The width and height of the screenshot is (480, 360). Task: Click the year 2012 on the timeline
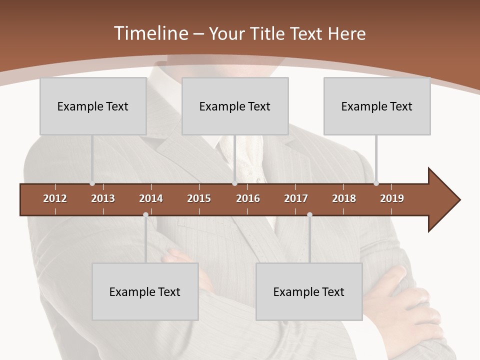(55, 198)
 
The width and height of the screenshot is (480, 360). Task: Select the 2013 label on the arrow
(103, 198)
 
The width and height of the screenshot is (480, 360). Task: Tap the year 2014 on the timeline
(151, 198)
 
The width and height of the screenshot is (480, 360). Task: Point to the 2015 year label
(199, 198)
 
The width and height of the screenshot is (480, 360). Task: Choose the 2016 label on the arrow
(248, 198)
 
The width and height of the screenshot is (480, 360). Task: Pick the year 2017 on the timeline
(296, 198)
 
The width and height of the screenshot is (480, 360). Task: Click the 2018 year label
(344, 198)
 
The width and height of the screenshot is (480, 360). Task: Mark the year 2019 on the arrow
(392, 198)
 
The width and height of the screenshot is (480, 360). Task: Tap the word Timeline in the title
(150, 33)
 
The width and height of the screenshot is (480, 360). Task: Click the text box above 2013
(93, 106)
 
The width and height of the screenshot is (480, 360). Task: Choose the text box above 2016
(235, 106)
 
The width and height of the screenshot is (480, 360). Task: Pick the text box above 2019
(377, 106)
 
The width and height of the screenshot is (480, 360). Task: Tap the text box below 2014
(145, 291)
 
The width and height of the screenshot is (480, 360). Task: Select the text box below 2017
(309, 291)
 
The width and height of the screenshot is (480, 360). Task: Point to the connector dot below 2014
(145, 215)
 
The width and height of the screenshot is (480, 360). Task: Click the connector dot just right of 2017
(309, 215)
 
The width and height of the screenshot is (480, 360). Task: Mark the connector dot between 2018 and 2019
(376, 183)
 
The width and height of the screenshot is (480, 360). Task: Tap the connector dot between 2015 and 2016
(234, 183)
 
